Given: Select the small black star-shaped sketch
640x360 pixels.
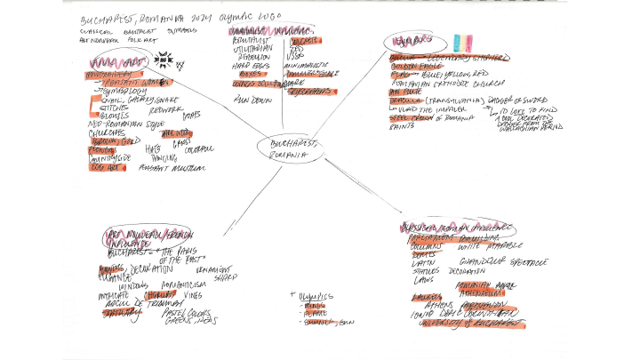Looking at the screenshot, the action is pos(164,60).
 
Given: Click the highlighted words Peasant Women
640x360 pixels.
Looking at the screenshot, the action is pos(124,82).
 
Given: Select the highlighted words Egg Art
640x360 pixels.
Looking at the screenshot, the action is pos(105,166).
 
